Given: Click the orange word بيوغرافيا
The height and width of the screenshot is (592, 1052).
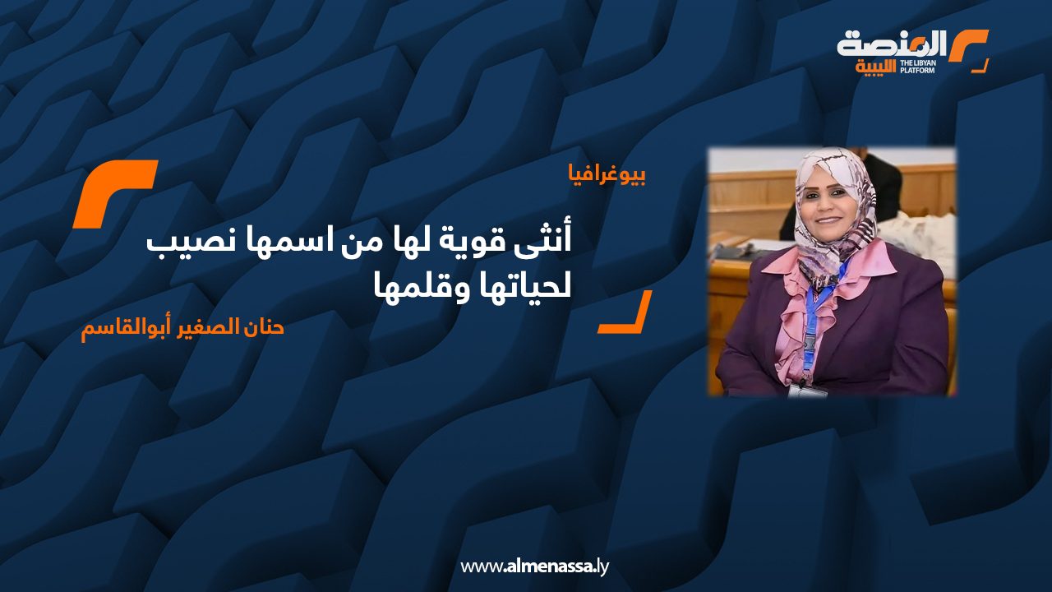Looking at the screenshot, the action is coord(607,176).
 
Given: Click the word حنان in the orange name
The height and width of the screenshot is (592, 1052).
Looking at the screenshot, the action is coord(262,327).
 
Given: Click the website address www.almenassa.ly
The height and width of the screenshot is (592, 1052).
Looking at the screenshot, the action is coord(534,567).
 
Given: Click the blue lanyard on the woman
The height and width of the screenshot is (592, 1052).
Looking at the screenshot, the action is coord(811,324).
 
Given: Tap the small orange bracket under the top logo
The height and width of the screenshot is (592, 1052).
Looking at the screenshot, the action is coord(980,67).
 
